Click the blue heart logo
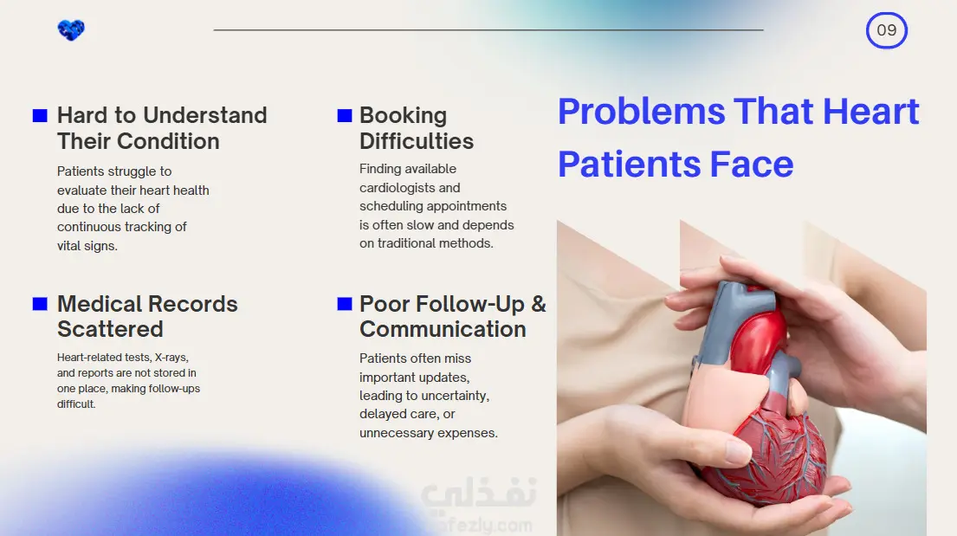[71, 30]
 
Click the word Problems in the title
[642, 112]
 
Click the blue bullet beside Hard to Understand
[40, 116]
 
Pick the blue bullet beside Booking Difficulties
[345, 116]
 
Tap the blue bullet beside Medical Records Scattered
[40, 304]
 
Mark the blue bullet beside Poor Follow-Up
[345, 304]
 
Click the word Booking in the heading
[403, 115]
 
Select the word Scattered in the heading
[111, 329]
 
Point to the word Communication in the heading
[443, 329]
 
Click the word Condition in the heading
[168, 141]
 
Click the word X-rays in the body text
[171, 357]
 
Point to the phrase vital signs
[87, 245]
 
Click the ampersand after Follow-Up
[539, 304]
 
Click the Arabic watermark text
[479, 493]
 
